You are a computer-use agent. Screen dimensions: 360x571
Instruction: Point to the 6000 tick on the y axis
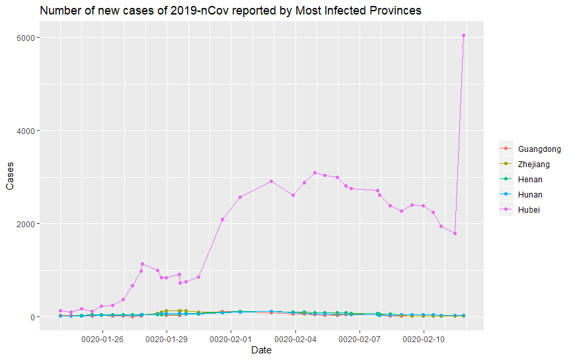click(25, 38)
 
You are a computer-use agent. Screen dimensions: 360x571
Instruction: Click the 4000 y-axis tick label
click(25, 131)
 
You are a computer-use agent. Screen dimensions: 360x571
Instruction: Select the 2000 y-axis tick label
click(25, 224)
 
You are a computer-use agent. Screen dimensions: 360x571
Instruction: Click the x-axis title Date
click(261, 351)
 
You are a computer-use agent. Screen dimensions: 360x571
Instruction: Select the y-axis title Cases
click(10, 177)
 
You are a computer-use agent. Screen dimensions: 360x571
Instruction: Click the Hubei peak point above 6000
click(464, 36)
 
